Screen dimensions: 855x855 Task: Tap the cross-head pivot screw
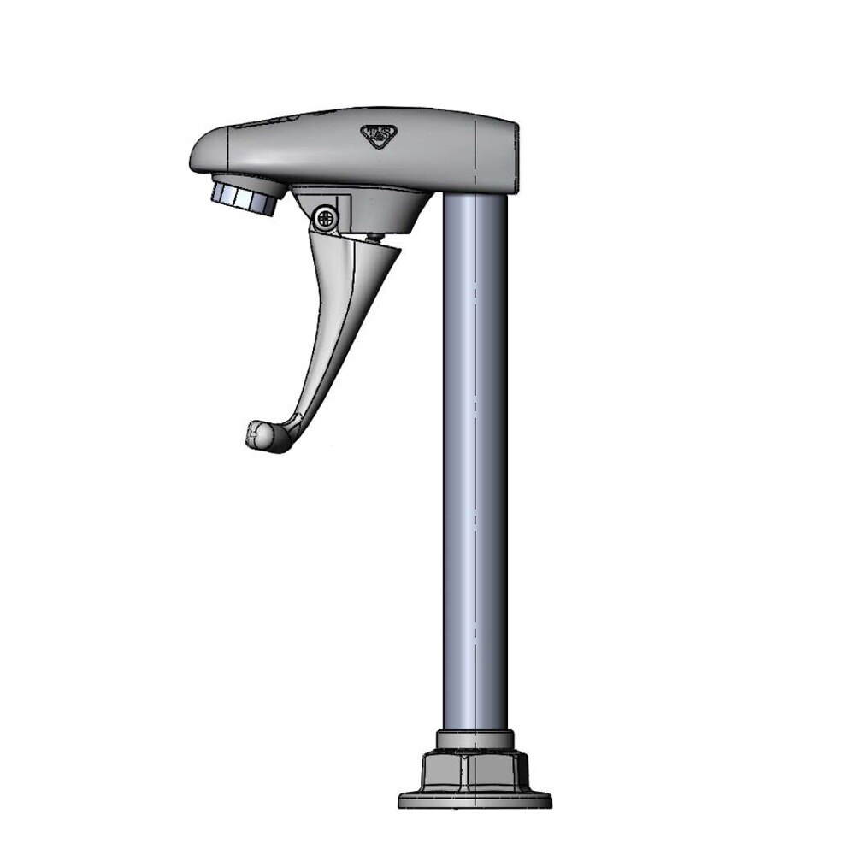click(325, 218)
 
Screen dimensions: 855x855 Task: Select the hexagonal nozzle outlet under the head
click(244, 195)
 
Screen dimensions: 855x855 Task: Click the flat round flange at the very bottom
click(475, 802)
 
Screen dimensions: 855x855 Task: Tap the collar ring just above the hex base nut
click(475, 740)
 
